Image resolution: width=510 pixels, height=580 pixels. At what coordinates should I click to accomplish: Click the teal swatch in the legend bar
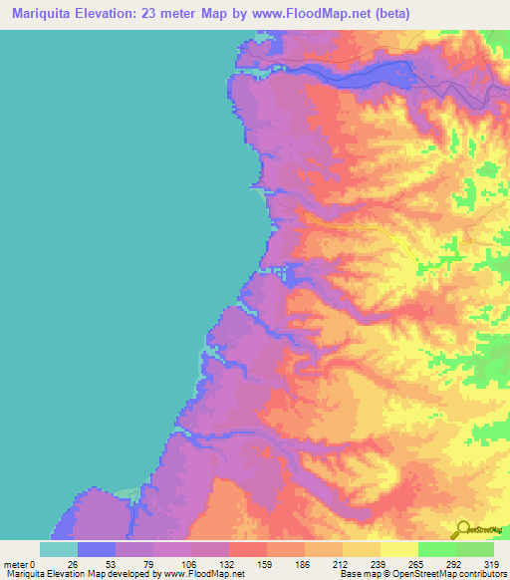point(59,549)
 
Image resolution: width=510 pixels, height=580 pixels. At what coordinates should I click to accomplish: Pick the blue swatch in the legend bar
point(97,549)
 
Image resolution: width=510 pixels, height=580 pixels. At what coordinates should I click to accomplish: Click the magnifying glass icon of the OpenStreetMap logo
point(463,529)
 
